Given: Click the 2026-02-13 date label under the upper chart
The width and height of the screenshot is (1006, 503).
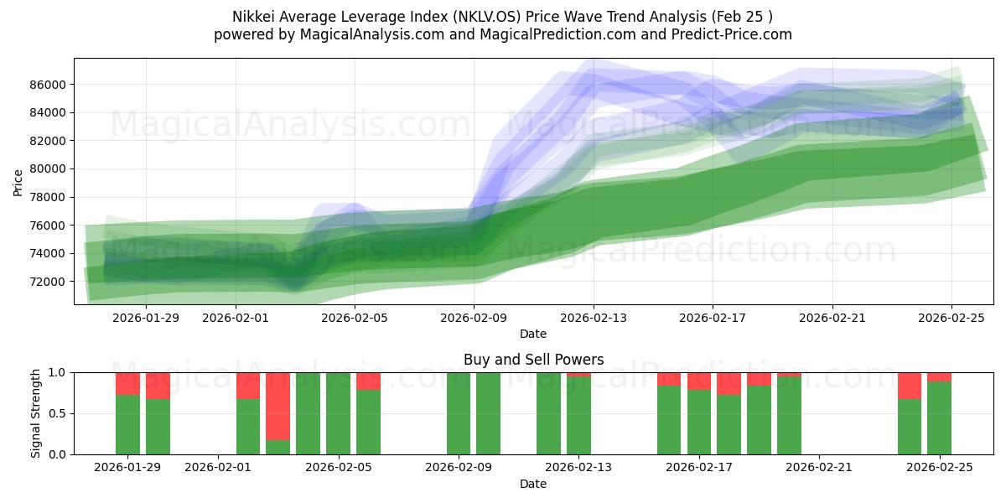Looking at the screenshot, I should point(594,318).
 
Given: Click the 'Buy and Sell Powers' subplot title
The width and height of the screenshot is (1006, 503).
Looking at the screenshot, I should point(533,360).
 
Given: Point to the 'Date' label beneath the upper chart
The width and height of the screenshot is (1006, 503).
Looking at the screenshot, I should point(533,334).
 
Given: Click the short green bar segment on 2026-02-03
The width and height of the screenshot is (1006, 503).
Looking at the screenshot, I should point(277,448).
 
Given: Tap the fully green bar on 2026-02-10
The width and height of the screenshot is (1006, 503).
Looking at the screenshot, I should point(488,413).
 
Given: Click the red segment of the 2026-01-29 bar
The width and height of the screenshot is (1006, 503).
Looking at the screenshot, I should point(127,383).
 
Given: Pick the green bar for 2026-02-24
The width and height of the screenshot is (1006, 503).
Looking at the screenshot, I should point(910,428).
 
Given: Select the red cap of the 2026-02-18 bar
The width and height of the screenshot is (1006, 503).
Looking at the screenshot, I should point(729,383).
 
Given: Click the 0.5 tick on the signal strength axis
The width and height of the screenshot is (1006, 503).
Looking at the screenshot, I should point(58,413).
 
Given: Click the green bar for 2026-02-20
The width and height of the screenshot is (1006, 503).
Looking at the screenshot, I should point(789,416).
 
